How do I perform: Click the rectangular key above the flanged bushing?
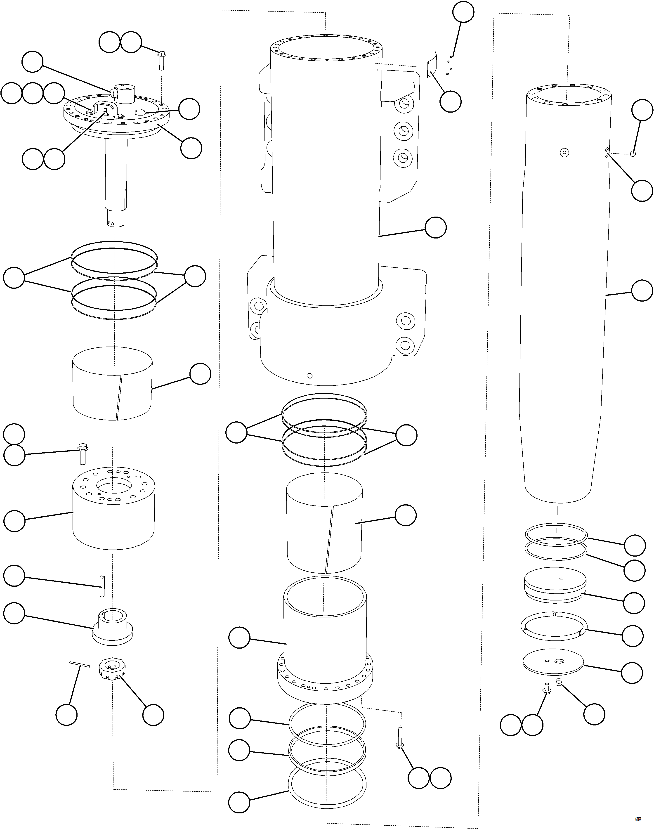pyautogui.click(x=102, y=586)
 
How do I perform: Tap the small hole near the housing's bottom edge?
pyautogui.click(x=310, y=376)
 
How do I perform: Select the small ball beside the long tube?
pyautogui.click(x=633, y=154)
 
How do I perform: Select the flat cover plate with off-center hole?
pyautogui.click(x=553, y=663)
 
